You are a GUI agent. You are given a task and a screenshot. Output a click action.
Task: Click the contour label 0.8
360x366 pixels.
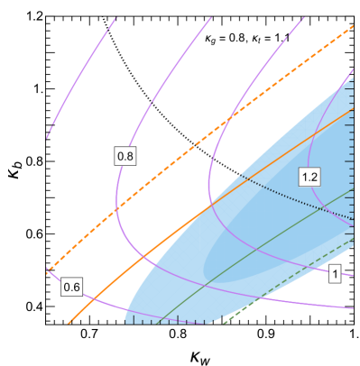click(125, 157)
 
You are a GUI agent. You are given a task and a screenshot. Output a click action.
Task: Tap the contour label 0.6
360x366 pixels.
click(72, 288)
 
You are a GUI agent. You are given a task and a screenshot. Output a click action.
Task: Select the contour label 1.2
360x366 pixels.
click(309, 177)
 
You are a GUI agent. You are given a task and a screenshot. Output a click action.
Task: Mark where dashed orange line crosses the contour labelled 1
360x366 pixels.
click(233, 114)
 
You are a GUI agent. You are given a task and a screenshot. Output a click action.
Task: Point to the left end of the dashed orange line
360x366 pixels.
click(47, 269)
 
